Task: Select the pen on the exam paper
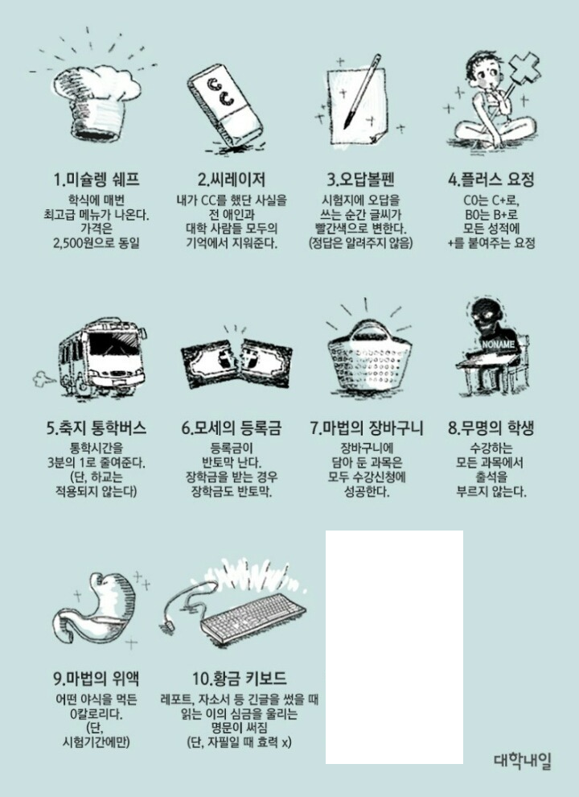click(363, 92)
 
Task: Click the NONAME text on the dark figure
click(498, 344)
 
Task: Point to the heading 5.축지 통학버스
click(96, 428)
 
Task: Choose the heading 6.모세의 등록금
click(231, 428)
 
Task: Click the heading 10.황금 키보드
click(239, 678)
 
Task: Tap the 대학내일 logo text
click(523, 761)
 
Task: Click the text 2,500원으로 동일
click(96, 243)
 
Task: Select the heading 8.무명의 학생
click(491, 428)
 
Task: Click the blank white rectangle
click(394, 647)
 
